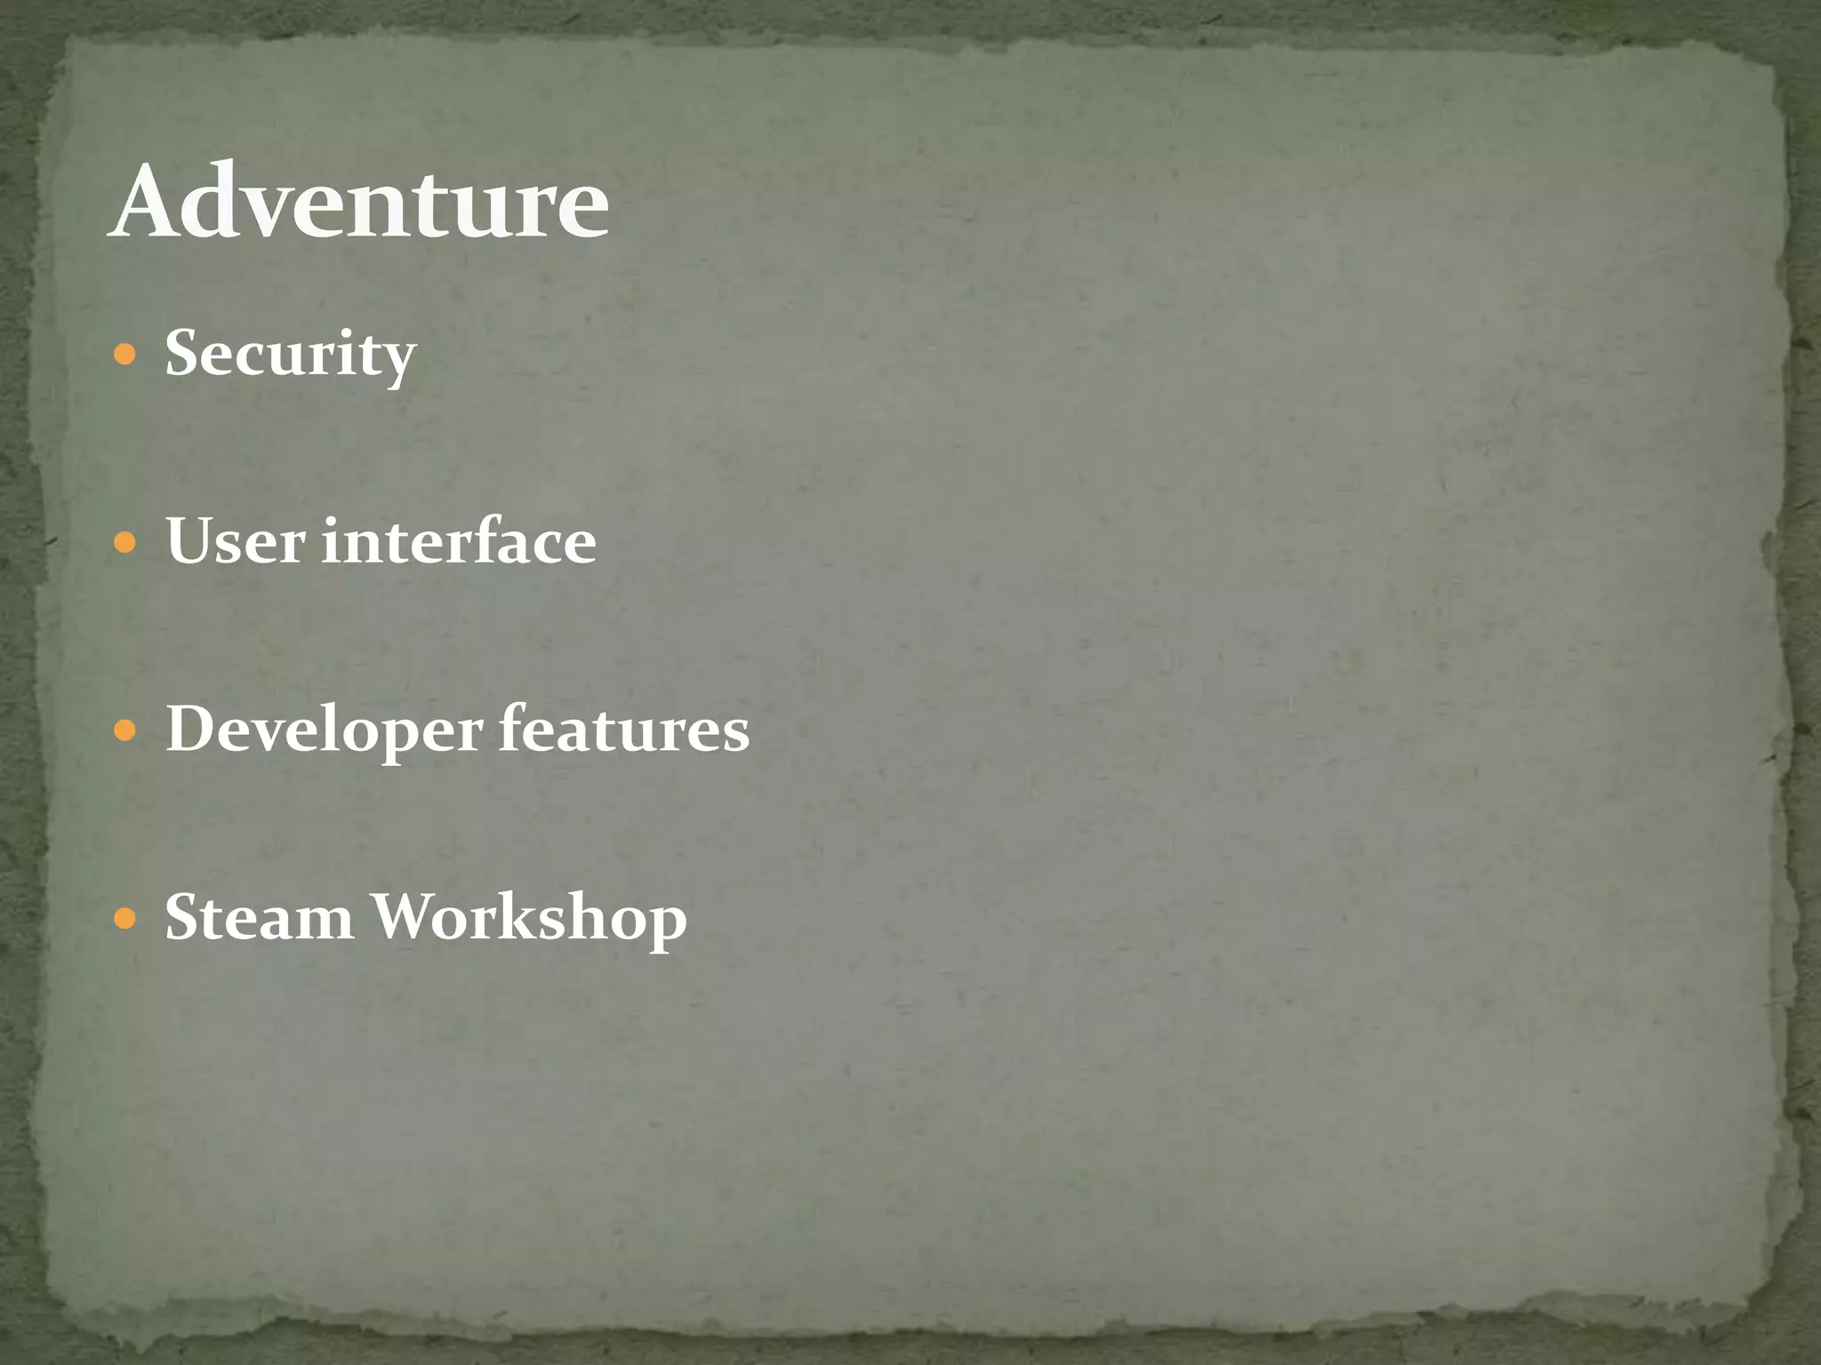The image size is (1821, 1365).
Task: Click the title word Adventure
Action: tap(360, 202)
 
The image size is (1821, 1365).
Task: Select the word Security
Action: tap(290, 355)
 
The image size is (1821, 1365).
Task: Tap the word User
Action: tap(236, 541)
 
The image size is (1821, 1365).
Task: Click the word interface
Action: tap(459, 541)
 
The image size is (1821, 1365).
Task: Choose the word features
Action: tap(624, 729)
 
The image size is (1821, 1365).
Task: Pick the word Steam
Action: tap(259, 917)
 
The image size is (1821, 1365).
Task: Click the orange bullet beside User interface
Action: tap(125, 543)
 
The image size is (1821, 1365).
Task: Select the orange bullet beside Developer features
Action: tap(125, 731)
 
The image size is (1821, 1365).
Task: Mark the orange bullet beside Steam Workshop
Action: tap(125, 918)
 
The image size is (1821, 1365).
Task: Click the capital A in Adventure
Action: tap(149, 203)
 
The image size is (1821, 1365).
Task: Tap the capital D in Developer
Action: tap(192, 729)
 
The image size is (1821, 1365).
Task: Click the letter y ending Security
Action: tap(398, 363)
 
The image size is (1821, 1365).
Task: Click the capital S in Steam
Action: tap(183, 917)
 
